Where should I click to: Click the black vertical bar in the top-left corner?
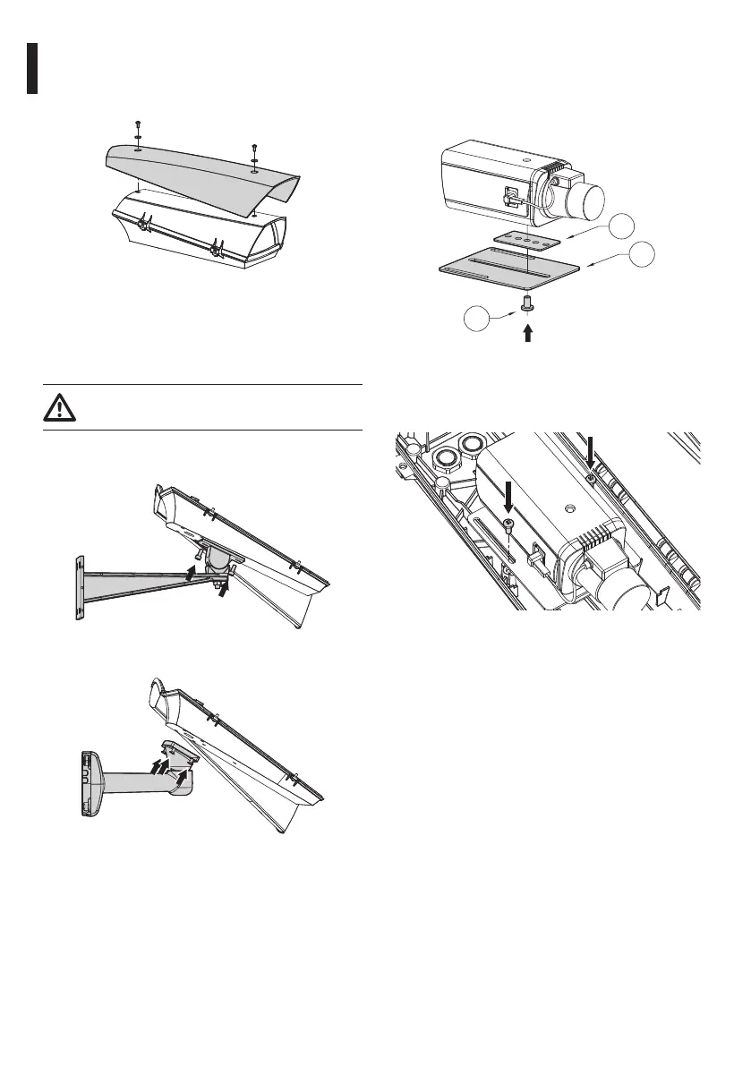pyautogui.click(x=32, y=67)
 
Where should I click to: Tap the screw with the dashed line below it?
pyautogui.click(x=509, y=524)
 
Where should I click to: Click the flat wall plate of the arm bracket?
pyautogui.click(x=79, y=587)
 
